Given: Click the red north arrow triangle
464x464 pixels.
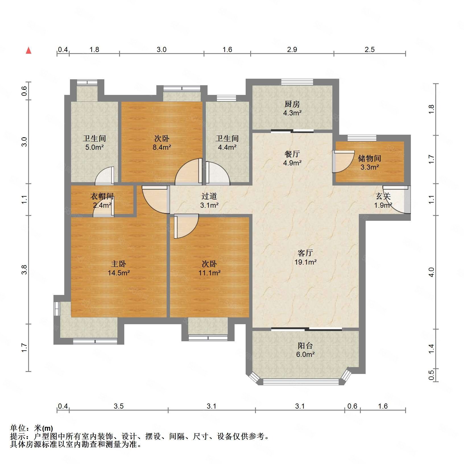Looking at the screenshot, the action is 28,51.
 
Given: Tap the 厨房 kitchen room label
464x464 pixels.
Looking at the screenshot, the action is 292,104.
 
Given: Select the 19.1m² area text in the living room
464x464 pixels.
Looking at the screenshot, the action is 305,262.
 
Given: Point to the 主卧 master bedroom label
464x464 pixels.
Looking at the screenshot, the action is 119,264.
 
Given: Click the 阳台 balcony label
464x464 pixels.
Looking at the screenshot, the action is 305,346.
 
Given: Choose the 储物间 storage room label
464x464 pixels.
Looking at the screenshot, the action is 369,158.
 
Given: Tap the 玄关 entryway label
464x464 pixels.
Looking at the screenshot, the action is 383,196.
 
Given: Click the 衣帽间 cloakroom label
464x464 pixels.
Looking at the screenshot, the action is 102,196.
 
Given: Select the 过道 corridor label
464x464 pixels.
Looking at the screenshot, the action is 209,196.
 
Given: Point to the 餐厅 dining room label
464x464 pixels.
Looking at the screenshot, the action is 292,154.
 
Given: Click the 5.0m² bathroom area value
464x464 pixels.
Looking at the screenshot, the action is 94,147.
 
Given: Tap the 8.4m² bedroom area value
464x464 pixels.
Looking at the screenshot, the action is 162,147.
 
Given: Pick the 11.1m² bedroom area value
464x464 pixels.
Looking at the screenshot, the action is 210,273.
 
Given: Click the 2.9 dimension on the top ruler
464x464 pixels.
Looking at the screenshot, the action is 292,49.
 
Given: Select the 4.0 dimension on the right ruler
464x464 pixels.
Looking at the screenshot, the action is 431,272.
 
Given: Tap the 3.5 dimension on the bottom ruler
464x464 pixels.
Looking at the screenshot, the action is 119,406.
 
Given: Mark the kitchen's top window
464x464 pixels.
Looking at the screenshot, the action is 297,82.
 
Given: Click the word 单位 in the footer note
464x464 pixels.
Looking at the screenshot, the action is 18,428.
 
